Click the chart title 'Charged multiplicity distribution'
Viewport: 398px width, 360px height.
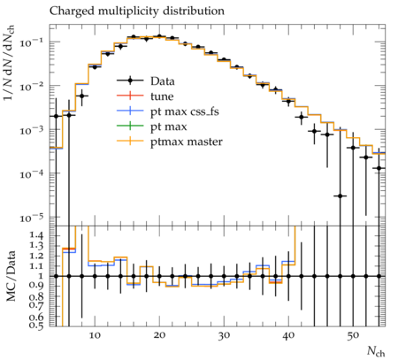(x=137, y=11)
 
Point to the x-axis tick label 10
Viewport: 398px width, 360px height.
(x=95, y=335)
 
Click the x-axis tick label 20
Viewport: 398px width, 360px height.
(x=159, y=335)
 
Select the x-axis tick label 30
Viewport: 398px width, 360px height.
(x=224, y=335)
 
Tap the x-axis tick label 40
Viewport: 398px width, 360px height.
(x=288, y=335)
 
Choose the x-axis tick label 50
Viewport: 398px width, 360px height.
(x=353, y=335)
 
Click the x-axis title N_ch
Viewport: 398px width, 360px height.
(x=376, y=352)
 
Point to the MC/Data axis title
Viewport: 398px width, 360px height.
(x=11, y=276)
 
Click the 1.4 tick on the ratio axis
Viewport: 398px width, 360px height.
(x=35, y=235)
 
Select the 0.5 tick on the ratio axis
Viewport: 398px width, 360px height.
(x=35, y=325)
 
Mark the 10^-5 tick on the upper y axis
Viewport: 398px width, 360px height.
(x=31, y=218)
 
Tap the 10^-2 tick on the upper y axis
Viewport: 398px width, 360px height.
(x=31, y=87)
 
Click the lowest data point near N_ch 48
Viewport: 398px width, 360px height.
(x=340, y=195)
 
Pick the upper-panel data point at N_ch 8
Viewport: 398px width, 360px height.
(x=82, y=96)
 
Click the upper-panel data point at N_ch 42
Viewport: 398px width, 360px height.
(x=302, y=117)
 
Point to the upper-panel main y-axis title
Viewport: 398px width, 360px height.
(x=9, y=62)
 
